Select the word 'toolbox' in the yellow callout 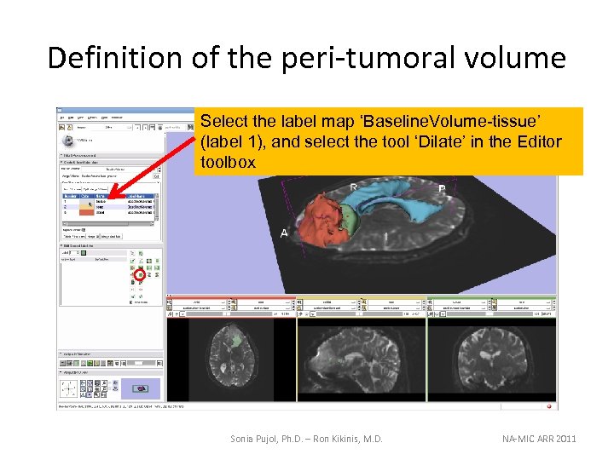228,162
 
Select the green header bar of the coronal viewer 491,298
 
